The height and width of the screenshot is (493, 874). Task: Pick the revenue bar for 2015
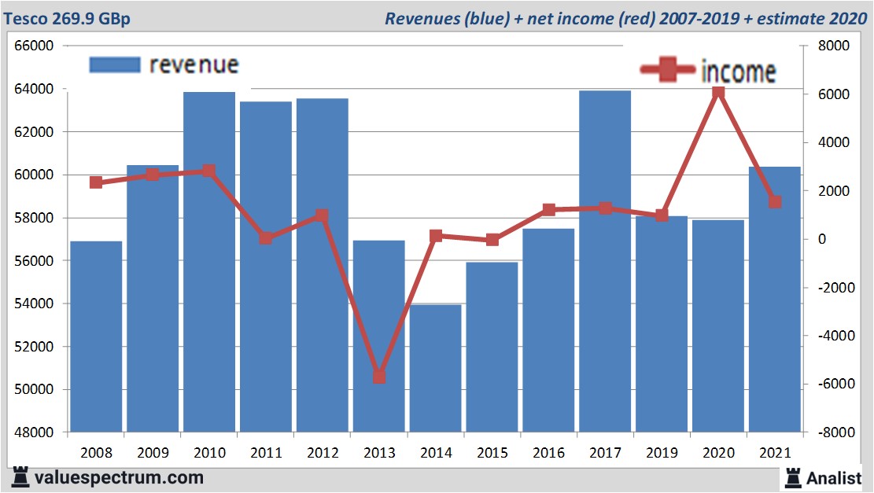click(x=492, y=347)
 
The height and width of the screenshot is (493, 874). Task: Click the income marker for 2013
click(x=379, y=377)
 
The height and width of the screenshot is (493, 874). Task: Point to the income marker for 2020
click(x=718, y=94)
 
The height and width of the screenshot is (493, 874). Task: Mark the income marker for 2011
click(x=266, y=238)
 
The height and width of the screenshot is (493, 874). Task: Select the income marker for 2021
click(x=775, y=202)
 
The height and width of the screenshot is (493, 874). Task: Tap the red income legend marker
click(x=666, y=70)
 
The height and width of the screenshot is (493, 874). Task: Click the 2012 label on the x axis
click(x=323, y=453)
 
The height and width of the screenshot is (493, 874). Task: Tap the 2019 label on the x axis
click(x=662, y=453)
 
